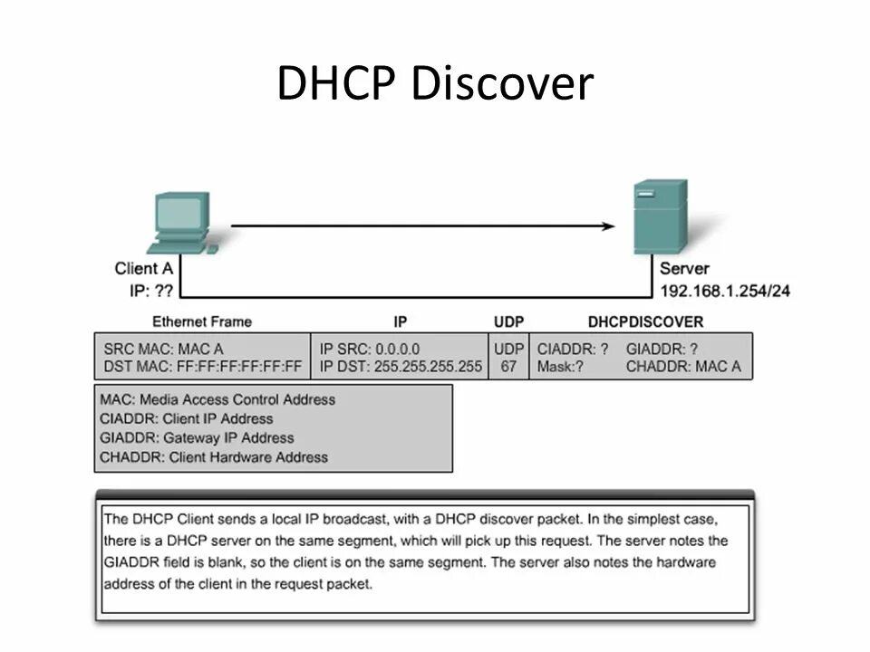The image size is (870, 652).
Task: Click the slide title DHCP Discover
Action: (x=435, y=84)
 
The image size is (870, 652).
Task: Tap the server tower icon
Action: (x=660, y=217)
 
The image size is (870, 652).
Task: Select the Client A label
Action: (x=143, y=268)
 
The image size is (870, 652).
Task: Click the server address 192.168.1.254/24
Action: (x=724, y=291)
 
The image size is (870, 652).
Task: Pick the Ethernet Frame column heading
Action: (x=202, y=321)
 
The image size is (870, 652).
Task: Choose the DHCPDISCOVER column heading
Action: (x=645, y=321)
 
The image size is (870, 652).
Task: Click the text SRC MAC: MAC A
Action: (x=163, y=349)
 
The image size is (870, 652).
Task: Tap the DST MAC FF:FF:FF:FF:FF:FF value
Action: (x=203, y=367)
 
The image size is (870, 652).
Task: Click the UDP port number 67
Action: (x=508, y=367)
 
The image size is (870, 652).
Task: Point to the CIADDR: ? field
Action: (x=573, y=349)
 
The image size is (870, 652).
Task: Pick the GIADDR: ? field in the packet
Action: (x=662, y=349)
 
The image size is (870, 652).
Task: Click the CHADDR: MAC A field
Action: (x=682, y=367)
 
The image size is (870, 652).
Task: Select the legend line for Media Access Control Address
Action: (x=217, y=399)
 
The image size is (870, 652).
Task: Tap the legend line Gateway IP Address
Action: (x=197, y=438)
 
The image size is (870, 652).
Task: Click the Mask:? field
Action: (x=559, y=367)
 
